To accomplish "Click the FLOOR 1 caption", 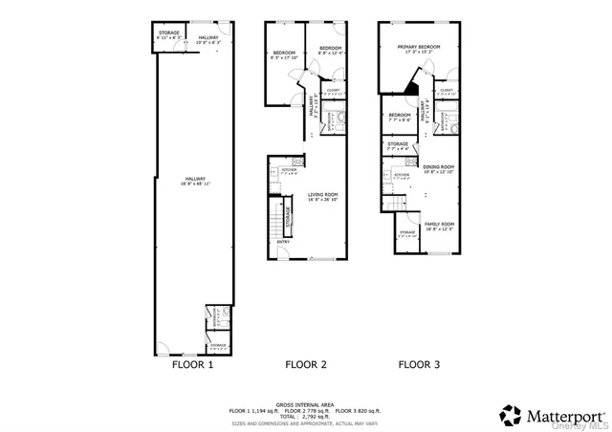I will coord(192,364).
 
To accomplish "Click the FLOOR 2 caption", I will coord(306,364).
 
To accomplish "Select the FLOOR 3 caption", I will coord(420,364).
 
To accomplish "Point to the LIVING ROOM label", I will coord(322,196).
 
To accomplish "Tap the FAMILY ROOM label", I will coord(439,225).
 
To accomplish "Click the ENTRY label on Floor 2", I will coord(284,242).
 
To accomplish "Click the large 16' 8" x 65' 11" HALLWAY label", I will coord(191,179).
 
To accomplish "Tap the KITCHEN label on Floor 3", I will coord(403,177).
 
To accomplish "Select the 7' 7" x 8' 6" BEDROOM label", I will coord(399,118).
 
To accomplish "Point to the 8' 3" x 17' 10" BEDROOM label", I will coord(284,54).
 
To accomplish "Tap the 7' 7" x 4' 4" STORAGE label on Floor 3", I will coord(398,146).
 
